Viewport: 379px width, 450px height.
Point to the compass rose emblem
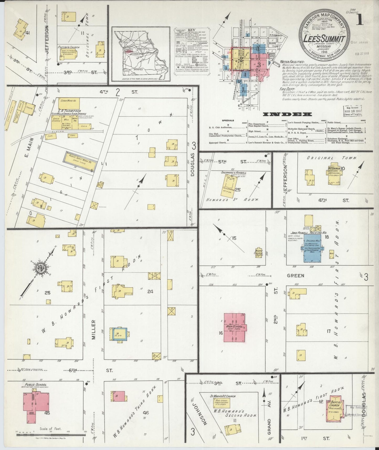(41, 268)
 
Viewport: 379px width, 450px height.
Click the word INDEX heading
(287, 114)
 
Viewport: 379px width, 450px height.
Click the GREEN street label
(295, 276)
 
